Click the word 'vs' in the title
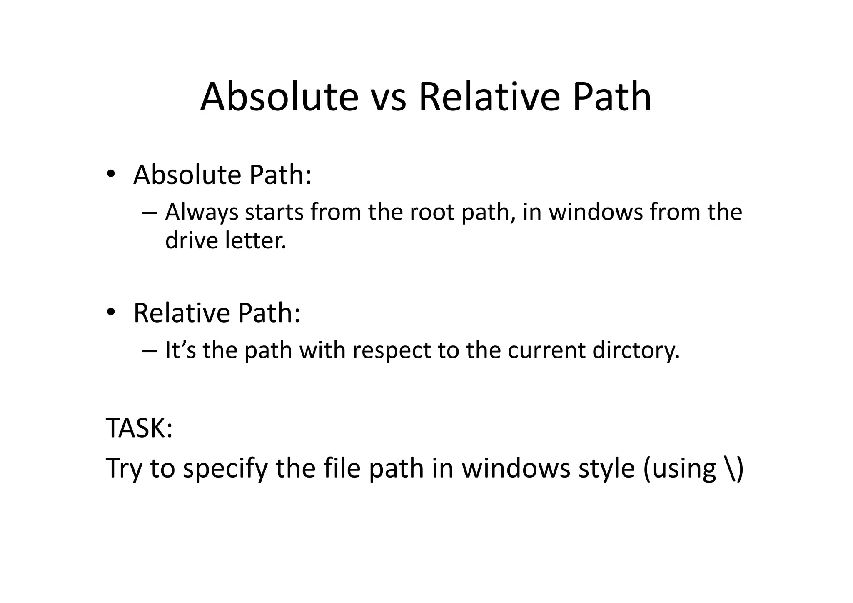coord(388,98)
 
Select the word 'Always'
coord(201,213)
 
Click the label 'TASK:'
coord(139,428)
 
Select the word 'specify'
coord(225,468)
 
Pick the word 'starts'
coord(274,213)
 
